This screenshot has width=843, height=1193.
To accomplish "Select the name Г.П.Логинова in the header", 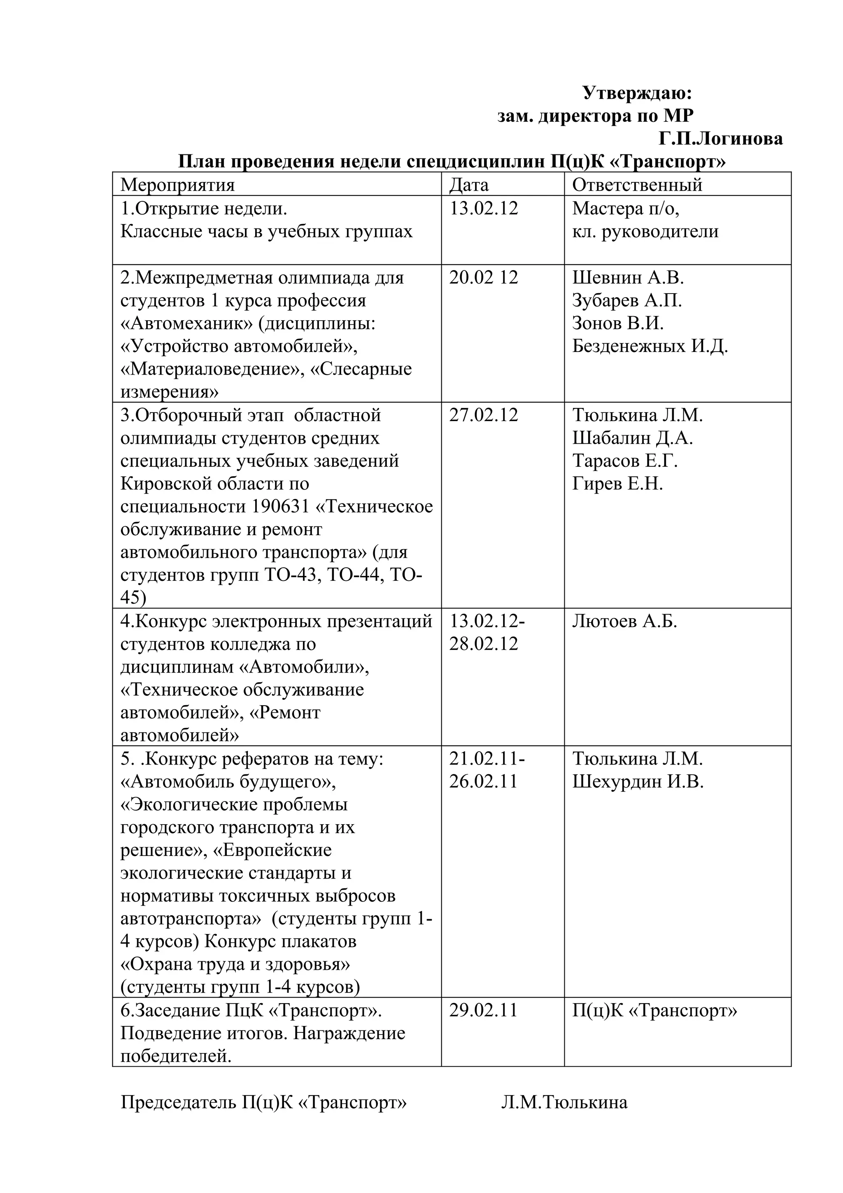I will click(x=721, y=139).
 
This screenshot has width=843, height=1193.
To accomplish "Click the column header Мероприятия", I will click(x=178, y=185).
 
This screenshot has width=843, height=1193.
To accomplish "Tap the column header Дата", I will click(x=468, y=185).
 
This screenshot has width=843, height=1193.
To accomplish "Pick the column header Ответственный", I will click(x=637, y=185).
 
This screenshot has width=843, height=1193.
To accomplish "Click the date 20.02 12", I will click(x=484, y=277).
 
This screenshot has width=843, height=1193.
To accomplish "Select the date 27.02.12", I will click(x=484, y=415).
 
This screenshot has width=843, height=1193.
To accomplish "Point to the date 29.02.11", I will click(x=484, y=1011).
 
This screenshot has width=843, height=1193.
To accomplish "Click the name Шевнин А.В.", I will click(x=628, y=277).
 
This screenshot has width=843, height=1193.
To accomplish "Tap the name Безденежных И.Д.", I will click(x=650, y=346).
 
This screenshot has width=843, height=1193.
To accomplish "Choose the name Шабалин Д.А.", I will click(x=633, y=438).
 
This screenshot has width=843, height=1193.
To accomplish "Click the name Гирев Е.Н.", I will click(x=617, y=484).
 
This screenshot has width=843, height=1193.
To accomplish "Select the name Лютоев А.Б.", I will click(x=625, y=622).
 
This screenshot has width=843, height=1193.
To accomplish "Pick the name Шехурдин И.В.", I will click(x=638, y=782).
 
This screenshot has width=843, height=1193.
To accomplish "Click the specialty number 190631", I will click(x=281, y=507).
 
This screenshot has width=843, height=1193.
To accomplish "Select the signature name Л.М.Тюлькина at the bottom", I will click(x=564, y=1102).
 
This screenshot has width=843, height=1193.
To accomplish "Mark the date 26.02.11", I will click(x=484, y=782).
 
